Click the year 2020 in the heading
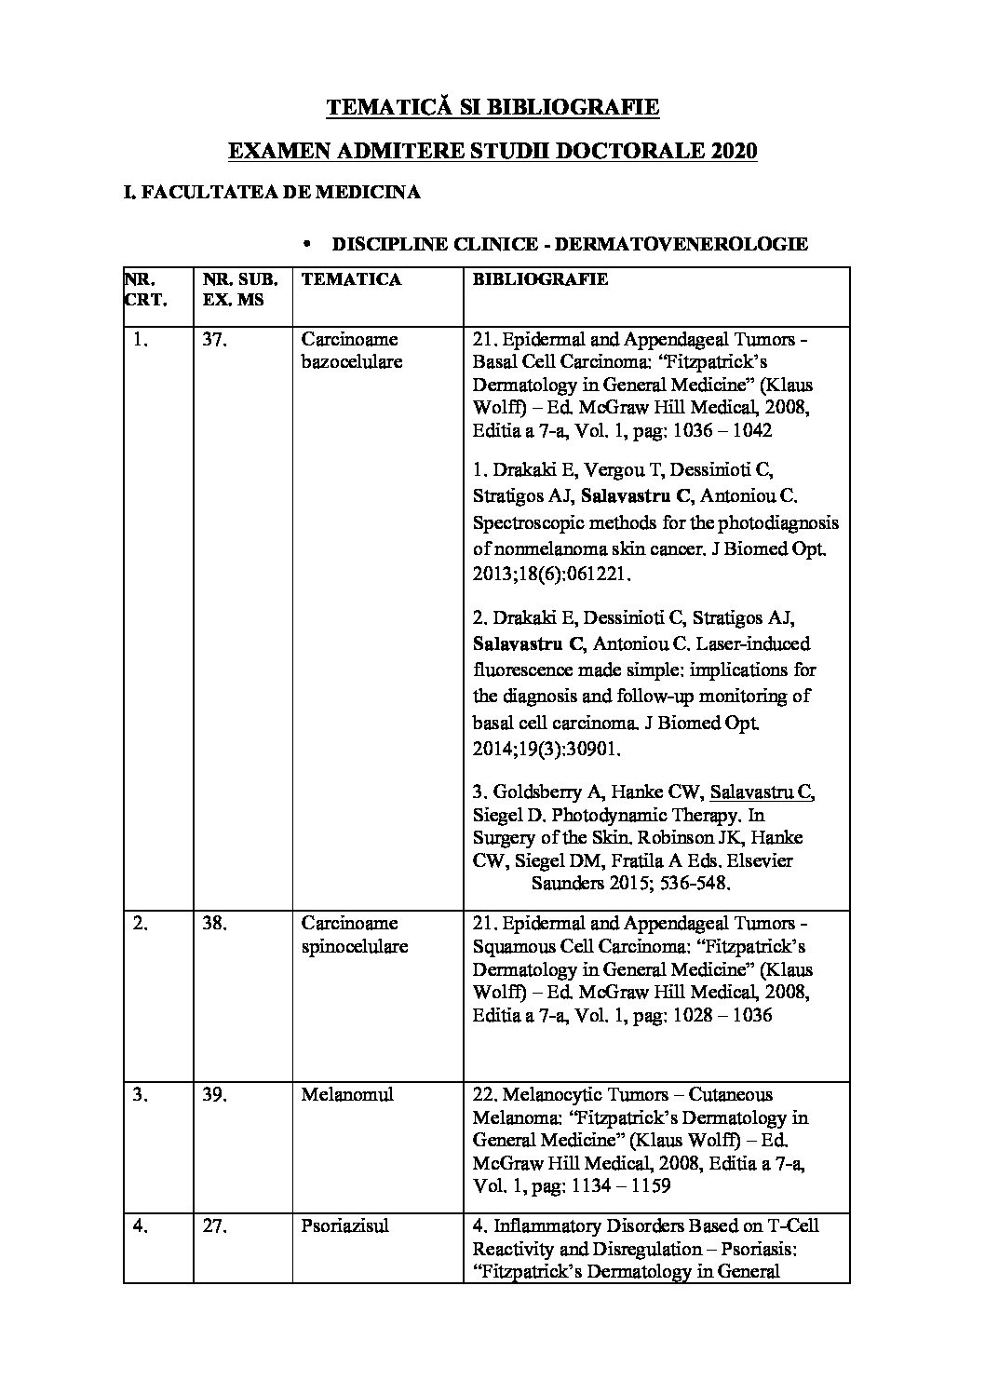pyautogui.click(x=731, y=151)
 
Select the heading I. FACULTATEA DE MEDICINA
pyautogui.click(x=272, y=193)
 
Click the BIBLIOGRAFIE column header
pyautogui.click(x=540, y=278)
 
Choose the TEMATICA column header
pyautogui.click(x=352, y=278)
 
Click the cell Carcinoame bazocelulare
pyautogui.click(x=352, y=350)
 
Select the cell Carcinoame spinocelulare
pyautogui.click(x=354, y=934)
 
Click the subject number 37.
pyautogui.click(x=214, y=340)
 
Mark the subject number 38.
pyautogui.click(x=214, y=924)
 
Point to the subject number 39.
pyautogui.click(x=214, y=1094)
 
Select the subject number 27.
pyautogui.click(x=214, y=1226)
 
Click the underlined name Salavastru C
pyautogui.click(x=762, y=792)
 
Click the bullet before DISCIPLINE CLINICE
pyautogui.click(x=306, y=244)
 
